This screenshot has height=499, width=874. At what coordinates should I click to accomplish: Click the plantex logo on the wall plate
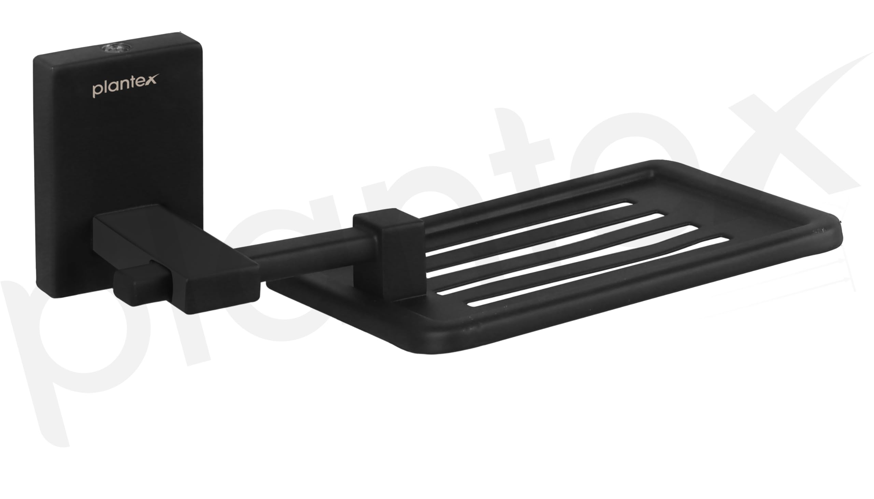[125, 85]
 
